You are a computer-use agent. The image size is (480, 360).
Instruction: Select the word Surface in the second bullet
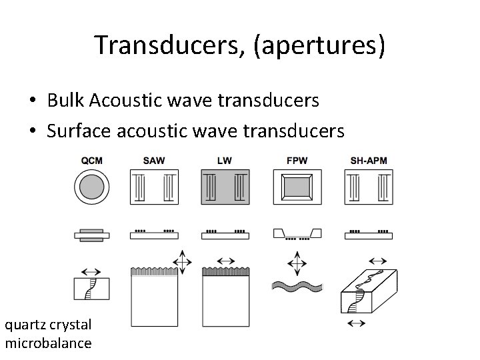pyautogui.click(x=79, y=131)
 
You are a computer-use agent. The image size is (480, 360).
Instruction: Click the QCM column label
pyautogui.click(x=91, y=160)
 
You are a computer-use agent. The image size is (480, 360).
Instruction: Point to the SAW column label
pyautogui.click(x=155, y=160)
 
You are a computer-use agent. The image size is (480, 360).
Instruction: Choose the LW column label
pyautogui.click(x=225, y=160)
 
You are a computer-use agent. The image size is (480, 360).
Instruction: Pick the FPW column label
pyautogui.click(x=297, y=160)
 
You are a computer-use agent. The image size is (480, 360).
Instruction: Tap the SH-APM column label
pyautogui.click(x=368, y=160)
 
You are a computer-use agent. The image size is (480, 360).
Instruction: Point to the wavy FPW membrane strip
pyautogui.click(x=297, y=287)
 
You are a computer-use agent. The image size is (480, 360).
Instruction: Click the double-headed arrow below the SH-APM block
pyautogui.click(x=357, y=323)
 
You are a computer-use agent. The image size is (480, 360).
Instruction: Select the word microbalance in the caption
pyautogui.click(x=48, y=343)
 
